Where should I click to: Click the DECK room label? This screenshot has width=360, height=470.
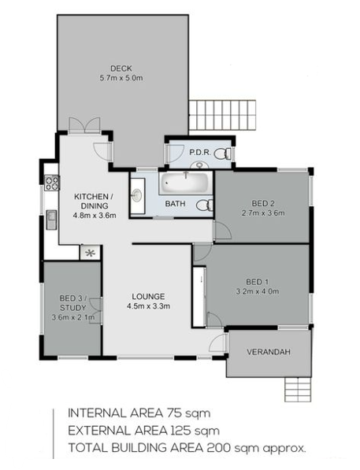[x=121, y=68]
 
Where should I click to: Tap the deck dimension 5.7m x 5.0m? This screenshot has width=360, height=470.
[x=121, y=78]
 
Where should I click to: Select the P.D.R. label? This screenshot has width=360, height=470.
[x=200, y=152]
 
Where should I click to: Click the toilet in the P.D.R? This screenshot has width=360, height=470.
[x=223, y=154]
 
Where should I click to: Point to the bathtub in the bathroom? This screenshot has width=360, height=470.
[x=185, y=183]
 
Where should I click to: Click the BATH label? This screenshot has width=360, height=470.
[x=175, y=204]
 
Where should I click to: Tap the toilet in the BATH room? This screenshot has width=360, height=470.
[x=205, y=205]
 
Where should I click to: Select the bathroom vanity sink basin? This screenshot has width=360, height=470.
[x=136, y=195]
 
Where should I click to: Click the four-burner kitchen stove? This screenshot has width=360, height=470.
[x=52, y=183]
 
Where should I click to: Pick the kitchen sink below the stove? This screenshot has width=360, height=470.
[x=52, y=220]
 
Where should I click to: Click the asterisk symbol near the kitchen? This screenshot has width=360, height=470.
[x=90, y=254]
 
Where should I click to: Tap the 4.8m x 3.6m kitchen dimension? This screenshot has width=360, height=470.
[x=95, y=215]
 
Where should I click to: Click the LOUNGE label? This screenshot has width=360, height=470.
[x=149, y=297]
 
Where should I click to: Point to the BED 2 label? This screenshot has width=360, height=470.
[x=263, y=204]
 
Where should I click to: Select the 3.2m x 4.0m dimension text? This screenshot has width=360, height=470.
[x=258, y=291]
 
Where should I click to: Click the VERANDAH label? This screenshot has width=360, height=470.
[x=269, y=352]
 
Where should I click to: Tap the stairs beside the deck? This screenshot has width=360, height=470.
[x=223, y=115]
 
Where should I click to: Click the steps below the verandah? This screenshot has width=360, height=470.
[x=298, y=390]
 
